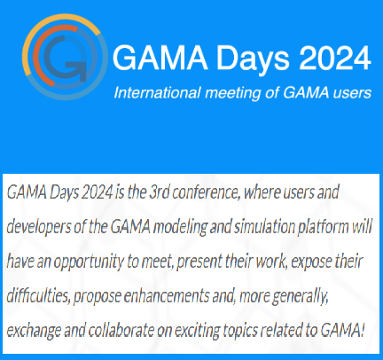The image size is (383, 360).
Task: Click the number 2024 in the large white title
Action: pos(335,58)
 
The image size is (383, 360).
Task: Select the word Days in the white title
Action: pos(253,59)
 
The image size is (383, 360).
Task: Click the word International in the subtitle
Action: pos(157,92)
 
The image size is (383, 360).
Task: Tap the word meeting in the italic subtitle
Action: pos(233,93)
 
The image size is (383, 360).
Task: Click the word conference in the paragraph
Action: pos(206,192)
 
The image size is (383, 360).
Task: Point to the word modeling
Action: pos(180,227)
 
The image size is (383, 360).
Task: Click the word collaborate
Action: pos(121,331)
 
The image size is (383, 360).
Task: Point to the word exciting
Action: pos(197,331)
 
